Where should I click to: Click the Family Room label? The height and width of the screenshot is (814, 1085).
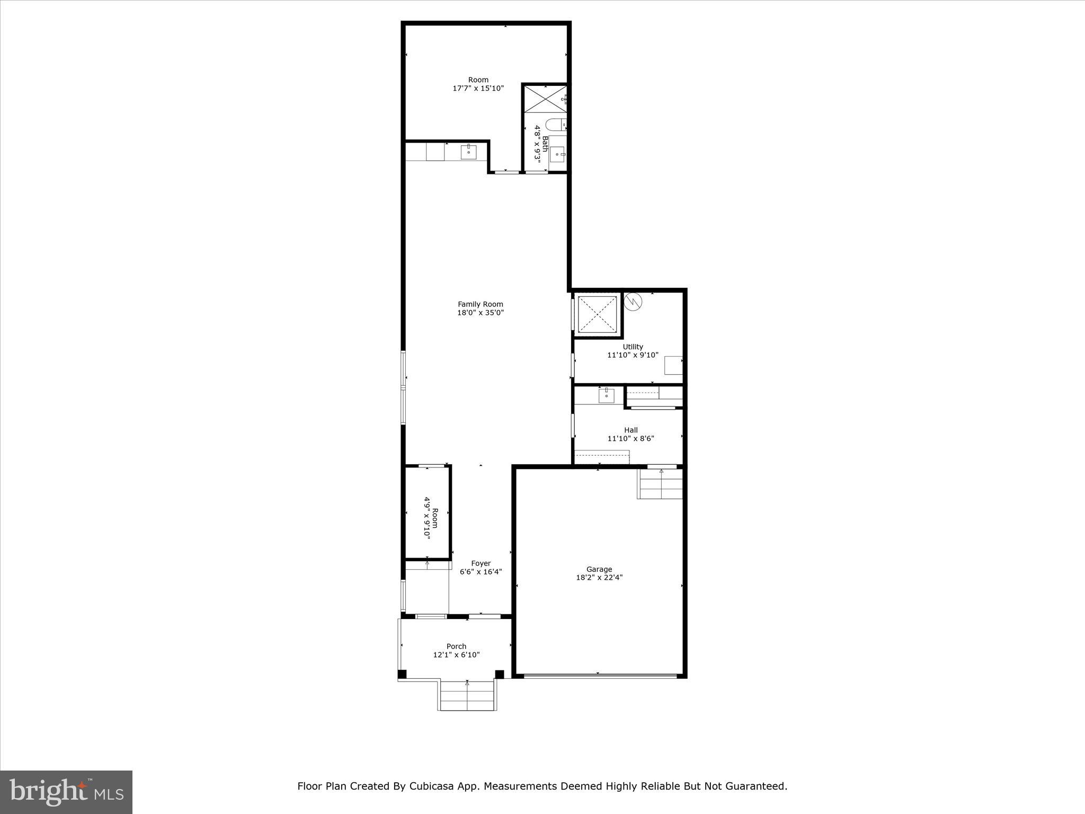pyautogui.click(x=480, y=304)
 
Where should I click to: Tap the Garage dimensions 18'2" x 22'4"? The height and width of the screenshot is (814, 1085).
pyautogui.click(x=599, y=578)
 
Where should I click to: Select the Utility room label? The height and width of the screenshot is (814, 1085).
pyautogui.click(x=633, y=347)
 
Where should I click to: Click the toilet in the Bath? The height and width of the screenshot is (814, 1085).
pyautogui.click(x=555, y=125)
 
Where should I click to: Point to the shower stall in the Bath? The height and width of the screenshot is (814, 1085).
pyautogui.click(x=545, y=99)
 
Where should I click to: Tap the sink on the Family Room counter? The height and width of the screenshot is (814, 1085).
pyautogui.click(x=468, y=152)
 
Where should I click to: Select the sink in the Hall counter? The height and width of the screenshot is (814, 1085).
pyautogui.click(x=606, y=395)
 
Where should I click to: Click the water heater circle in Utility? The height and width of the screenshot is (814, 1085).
pyautogui.click(x=633, y=302)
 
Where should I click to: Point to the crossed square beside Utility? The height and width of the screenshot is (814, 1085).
pyautogui.click(x=597, y=314)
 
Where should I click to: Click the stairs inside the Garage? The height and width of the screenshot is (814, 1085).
pyautogui.click(x=660, y=484)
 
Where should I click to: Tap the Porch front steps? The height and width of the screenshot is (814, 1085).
pyautogui.click(x=467, y=696)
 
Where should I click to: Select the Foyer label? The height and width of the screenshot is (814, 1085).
pyautogui.click(x=481, y=563)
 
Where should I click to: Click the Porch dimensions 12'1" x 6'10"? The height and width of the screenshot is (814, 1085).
pyautogui.click(x=456, y=655)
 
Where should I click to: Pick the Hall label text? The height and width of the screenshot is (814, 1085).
pyautogui.click(x=630, y=430)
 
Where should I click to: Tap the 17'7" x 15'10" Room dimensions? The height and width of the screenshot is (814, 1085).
pyautogui.click(x=478, y=89)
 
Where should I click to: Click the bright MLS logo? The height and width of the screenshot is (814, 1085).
pyautogui.click(x=66, y=792)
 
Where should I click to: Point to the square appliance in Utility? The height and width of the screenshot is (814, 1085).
pyautogui.click(x=673, y=365)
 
